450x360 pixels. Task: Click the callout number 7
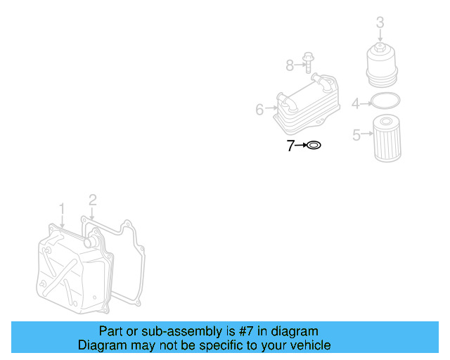pos(290,146)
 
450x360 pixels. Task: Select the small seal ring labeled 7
pos(314,146)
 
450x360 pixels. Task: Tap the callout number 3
pos(380,22)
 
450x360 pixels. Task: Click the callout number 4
pos(356,104)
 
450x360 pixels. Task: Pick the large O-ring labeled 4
pos(385,102)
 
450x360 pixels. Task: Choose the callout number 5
pos(356,134)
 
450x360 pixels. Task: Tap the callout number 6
pos(259,110)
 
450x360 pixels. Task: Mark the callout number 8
pos(290,65)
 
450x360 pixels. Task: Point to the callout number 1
pos(62,208)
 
